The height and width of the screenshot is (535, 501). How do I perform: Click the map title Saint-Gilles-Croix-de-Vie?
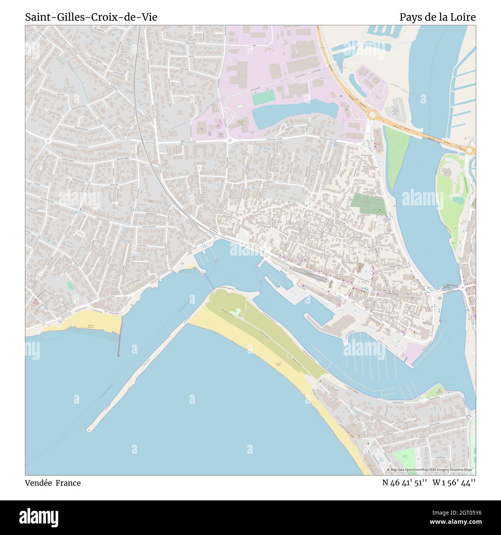click(91, 17)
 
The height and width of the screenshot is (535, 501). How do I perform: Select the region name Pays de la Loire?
click(437, 17)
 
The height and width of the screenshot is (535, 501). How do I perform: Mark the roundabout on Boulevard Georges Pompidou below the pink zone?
click(230, 141)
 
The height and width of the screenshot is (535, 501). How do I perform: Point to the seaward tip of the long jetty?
click(89, 429)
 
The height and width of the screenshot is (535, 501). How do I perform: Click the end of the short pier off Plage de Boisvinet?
click(119, 355)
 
